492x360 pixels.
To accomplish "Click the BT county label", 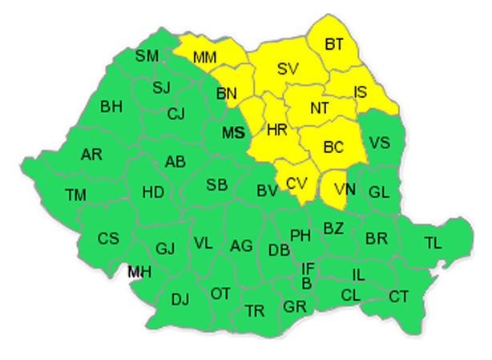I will [333, 45].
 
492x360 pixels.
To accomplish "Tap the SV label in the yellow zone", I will [286, 70].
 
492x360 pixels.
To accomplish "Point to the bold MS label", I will [232, 132].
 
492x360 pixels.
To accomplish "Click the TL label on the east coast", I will [432, 241].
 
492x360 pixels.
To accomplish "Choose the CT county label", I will [398, 297].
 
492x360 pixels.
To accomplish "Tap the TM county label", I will [76, 194].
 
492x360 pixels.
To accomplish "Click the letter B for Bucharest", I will [306, 283].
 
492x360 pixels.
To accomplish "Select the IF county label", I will [308, 269].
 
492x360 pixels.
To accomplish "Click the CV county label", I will [296, 184].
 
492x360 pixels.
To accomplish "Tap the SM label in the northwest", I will [147, 55].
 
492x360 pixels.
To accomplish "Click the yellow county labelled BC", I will [333, 148].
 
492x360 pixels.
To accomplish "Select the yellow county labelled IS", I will [361, 92].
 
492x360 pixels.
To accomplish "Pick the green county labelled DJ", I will [180, 300].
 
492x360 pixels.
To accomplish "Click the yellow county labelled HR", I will [276, 129].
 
